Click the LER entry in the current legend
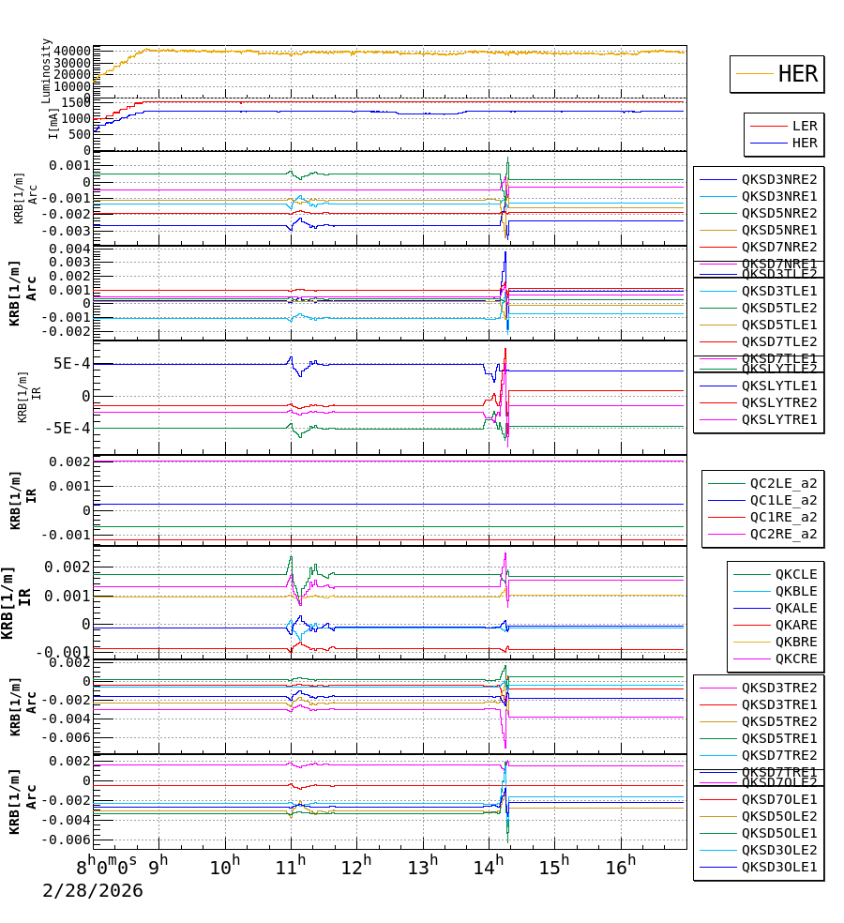[804, 126]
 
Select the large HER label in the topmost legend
[797, 74]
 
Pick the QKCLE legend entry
[795, 574]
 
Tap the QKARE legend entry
[795, 625]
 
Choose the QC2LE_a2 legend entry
[783, 483]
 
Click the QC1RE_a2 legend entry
[783, 517]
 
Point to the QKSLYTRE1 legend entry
[779, 419]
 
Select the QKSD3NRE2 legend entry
[779, 179]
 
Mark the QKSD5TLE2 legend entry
[779, 308]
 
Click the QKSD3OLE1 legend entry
[779, 867]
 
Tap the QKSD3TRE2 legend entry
[779, 688]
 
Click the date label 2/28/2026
[93, 891]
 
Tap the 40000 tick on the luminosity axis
[72, 51]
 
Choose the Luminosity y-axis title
[47, 69]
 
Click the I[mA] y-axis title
[53, 121]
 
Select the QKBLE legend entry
[795, 591]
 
